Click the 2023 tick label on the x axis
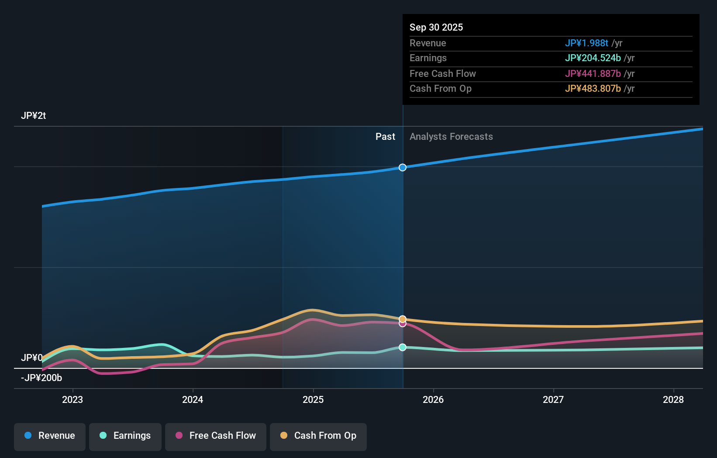tap(72, 400)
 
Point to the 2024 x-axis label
tap(193, 400)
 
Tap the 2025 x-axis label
tap(313, 400)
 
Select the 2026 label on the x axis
tap(433, 400)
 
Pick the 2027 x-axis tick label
tap(553, 400)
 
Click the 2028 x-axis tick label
tap(673, 400)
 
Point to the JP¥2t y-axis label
tap(33, 116)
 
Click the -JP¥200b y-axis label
tap(41, 378)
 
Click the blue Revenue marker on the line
tap(403, 167)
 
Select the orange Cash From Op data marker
tap(403, 319)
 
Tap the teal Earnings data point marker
tap(403, 347)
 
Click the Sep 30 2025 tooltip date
tap(436, 27)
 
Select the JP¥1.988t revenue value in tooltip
tap(586, 43)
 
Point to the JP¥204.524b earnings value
tap(593, 58)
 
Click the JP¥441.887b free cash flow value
tap(593, 74)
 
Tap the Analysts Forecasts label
tap(452, 137)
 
